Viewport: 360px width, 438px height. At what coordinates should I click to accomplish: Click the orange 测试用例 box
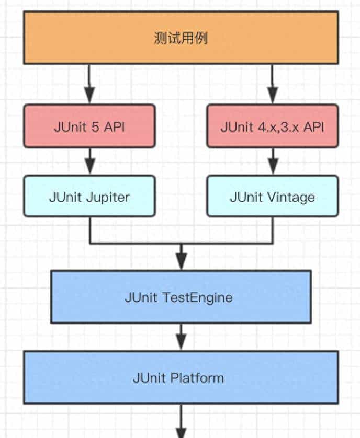click(181, 38)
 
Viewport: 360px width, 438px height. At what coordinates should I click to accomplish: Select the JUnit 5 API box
click(89, 126)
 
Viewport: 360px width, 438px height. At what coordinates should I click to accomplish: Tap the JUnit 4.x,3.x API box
click(272, 126)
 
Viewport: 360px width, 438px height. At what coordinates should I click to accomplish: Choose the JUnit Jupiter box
click(89, 196)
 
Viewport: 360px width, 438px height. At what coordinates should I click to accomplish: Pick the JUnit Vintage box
click(272, 196)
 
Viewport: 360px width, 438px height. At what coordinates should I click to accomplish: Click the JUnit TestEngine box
click(181, 296)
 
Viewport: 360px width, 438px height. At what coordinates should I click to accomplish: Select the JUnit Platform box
click(181, 377)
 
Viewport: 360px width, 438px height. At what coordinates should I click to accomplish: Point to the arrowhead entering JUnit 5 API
click(89, 97)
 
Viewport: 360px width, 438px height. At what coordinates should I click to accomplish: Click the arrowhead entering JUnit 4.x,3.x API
click(272, 97)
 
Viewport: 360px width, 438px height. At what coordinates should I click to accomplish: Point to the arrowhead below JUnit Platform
click(181, 432)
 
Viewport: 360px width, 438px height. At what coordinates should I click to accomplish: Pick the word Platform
click(199, 377)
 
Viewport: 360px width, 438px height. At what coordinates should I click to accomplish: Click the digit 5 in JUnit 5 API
click(95, 127)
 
